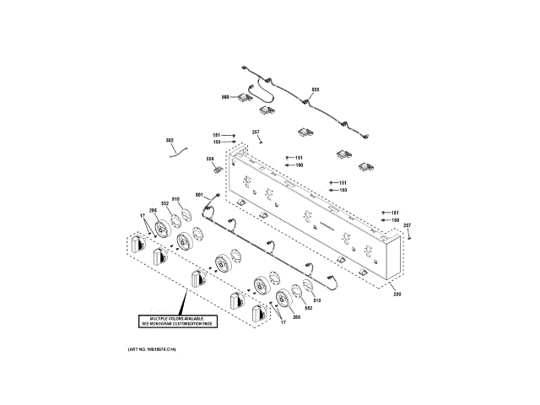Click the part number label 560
point(225,97)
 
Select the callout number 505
point(316,89)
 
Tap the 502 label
point(169,140)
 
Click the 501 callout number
point(199,196)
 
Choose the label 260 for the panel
point(397,294)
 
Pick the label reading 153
point(343,191)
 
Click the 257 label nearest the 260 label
point(407,225)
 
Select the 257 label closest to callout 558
point(256,132)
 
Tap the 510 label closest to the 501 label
point(176,200)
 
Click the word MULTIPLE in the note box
point(153,318)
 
